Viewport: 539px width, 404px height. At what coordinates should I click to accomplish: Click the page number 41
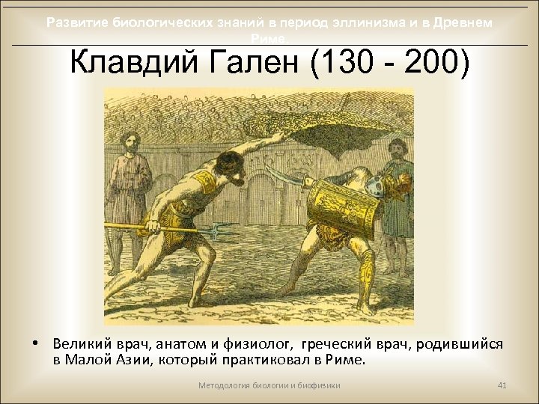click(502, 385)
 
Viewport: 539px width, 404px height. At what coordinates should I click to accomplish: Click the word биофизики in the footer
click(318, 385)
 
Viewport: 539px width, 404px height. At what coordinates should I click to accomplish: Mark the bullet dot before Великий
click(36, 344)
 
